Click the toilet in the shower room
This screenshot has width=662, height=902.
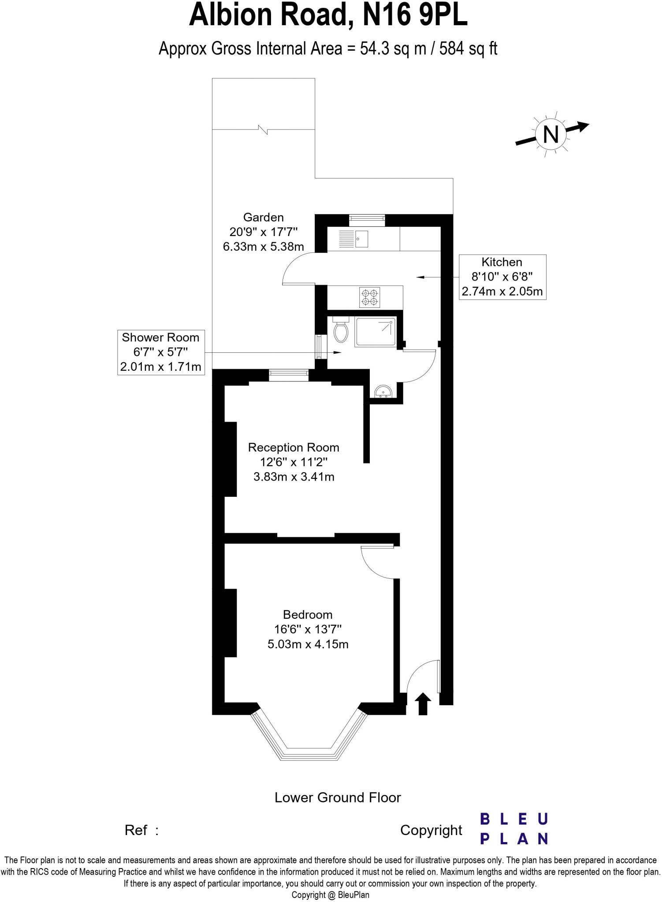tap(341, 331)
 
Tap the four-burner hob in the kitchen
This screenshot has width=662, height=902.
tap(369, 297)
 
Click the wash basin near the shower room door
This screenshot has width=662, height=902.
tap(383, 392)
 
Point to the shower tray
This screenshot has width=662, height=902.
tap(376, 332)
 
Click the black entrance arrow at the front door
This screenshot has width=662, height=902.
tap(423, 703)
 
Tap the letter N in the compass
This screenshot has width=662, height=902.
tap(551, 134)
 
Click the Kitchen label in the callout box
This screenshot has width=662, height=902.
tap(502, 262)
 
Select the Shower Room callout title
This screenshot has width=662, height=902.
tap(160, 337)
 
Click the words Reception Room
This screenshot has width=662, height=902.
tap(294, 447)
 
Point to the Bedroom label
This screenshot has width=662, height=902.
tap(308, 614)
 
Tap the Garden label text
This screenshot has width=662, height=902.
tap(264, 217)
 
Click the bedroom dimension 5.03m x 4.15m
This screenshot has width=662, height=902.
tap(308, 644)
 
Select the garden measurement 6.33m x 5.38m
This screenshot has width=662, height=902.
tap(264, 247)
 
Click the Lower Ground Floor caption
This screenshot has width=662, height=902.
tap(338, 798)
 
